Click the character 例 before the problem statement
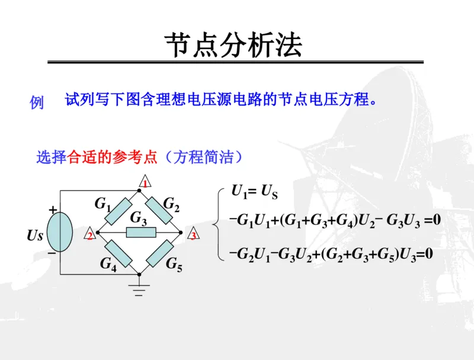click(37, 102)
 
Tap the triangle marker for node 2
click(89, 234)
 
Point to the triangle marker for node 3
click(192, 234)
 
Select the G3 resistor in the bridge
click(140, 232)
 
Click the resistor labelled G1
click(118, 211)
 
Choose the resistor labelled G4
click(118, 253)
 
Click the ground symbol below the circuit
click(140, 290)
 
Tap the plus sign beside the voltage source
click(52, 210)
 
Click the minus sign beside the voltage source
click(52, 252)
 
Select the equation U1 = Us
click(255, 191)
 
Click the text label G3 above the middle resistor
click(138, 218)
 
